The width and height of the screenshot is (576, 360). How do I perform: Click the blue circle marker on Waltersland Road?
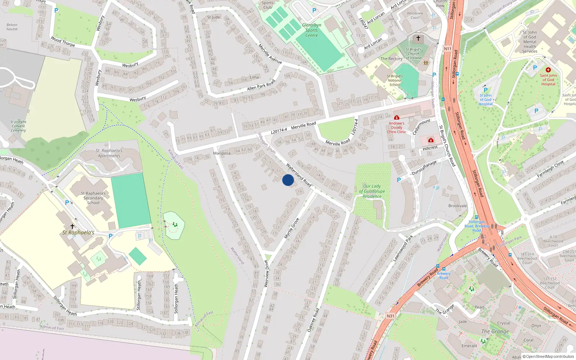pos(288,180)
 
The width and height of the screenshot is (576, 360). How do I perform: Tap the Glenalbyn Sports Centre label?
pos(312,30)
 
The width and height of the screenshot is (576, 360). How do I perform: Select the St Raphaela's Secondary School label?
pos(93,198)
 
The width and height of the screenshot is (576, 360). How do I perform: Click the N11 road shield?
pos(447,49)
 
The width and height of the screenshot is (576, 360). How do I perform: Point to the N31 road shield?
pos(391,316)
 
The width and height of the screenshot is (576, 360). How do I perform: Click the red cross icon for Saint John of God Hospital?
pos(548,70)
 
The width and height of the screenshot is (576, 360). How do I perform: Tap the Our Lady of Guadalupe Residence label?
pos(372,191)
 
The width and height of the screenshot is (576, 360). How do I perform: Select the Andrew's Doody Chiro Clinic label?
pos(396,127)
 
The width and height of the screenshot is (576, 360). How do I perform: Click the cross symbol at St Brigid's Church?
pos(418,38)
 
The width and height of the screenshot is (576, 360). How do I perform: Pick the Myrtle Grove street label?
pos(292,228)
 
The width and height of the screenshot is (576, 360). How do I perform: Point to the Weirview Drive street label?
pos(266,274)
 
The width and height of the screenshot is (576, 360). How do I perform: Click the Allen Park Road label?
pos(261,85)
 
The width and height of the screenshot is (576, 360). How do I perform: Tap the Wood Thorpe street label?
pos(63,41)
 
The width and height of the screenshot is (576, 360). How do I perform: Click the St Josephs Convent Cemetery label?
pos(18,126)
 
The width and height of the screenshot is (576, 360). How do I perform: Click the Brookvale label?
pos(458,206)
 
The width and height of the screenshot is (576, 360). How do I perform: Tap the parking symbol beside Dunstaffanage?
pos(399,180)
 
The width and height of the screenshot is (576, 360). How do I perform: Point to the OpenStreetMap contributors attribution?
pos(548,356)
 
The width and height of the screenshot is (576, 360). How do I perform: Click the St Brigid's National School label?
pos(395,80)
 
